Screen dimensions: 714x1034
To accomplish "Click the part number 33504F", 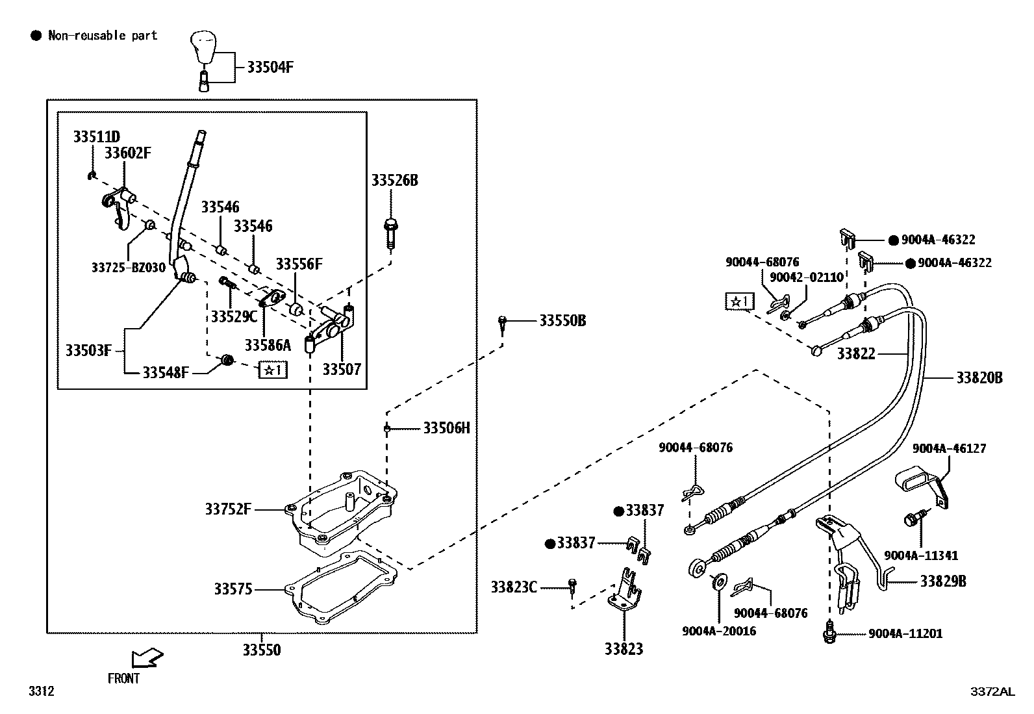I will (270, 66).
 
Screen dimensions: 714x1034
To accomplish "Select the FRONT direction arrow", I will (146, 659).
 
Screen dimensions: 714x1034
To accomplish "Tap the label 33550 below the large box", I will (262, 650).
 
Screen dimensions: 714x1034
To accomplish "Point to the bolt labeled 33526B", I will (390, 233).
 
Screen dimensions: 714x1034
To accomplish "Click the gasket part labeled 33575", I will (344, 588).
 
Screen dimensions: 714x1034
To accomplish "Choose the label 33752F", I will (228, 509).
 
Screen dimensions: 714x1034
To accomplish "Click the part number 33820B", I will (979, 377).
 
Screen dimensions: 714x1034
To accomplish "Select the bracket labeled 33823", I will (625, 590).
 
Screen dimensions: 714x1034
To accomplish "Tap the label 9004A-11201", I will (905, 633).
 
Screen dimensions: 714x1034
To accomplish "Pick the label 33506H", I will (446, 427).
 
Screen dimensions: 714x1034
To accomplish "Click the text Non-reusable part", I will (103, 36).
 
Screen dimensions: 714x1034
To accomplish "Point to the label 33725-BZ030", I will (128, 267).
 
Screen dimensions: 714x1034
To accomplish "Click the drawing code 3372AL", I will (992, 692).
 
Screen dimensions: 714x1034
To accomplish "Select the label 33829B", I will (942, 581).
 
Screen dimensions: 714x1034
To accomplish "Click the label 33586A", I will (268, 345).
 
